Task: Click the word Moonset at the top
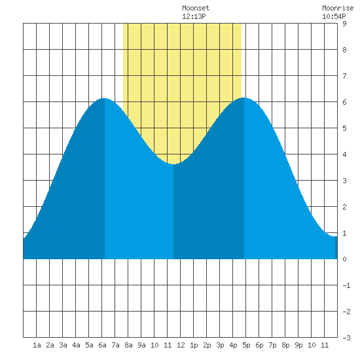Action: (x=196, y=8)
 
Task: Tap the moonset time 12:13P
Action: (x=194, y=16)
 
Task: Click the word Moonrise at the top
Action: (x=338, y=8)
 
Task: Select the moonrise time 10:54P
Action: (x=334, y=16)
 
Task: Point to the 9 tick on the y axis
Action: (x=344, y=24)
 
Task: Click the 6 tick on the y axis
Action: (x=344, y=102)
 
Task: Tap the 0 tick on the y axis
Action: (x=344, y=259)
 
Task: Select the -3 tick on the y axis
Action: (x=346, y=338)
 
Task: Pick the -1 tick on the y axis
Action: (x=346, y=285)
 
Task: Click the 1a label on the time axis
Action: (x=37, y=345)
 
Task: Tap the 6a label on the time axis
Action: (x=102, y=345)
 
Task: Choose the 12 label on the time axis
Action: (x=181, y=345)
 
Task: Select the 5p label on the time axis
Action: (x=246, y=345)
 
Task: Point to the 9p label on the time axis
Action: (x=298, y=345)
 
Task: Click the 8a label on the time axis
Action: (x=128, y=345)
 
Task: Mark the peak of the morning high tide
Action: (x=105, y=98)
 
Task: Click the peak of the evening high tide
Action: (x=244, y=98)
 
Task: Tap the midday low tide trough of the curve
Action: (x=173, y=164)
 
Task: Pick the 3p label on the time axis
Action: (x=220, y=345)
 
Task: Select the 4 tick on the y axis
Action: (x=344, y=154)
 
